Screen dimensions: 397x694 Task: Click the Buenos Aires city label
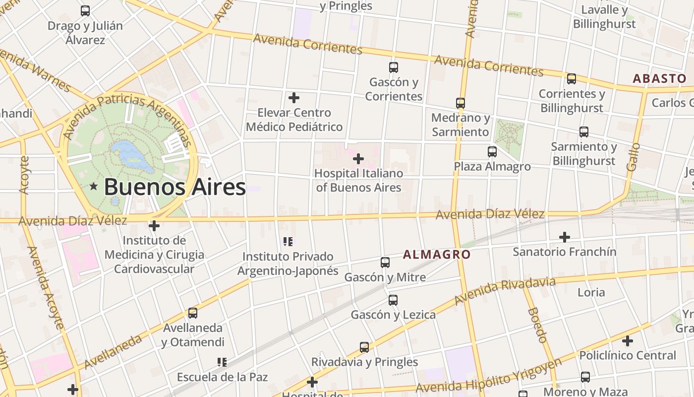pyautogui.click(x=174, y=187)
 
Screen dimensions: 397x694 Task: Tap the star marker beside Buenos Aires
pyautogui.click(x=94, y=187)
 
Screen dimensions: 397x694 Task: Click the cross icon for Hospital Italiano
pyautogui.click(x=358, y=159)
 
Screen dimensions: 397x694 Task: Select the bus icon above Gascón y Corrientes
pyautogui.click(x=394, y=67)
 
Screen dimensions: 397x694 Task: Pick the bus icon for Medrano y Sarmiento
pyautogui.click(x=461, y=103)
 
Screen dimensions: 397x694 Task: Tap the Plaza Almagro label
pyautogui.click(x=492, y=166)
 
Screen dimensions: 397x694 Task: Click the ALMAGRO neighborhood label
pyautogui.click(x=436, y=255)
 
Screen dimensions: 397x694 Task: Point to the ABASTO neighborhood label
pyautogui.click(x=659, y=78)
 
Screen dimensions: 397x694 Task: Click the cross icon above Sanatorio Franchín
pyautogui.click(x=564, y=237)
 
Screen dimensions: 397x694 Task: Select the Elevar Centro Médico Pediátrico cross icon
pyautogui.click(x=294, y=98)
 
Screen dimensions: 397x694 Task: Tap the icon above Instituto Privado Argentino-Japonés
pyautogui.click(x=288, y=242)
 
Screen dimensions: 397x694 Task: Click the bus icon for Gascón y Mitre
pyautogui.click(x=385, y=263)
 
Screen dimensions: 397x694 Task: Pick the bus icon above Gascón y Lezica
pyautogui.click(x=393, y=300)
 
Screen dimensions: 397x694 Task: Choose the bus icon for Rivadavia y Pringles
pyautogui.click(x=364, y=347)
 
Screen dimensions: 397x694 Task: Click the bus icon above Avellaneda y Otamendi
pyautogui.click(x=193, y=313)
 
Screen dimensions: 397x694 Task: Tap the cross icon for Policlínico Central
pyautogui.click(x=628, y=341)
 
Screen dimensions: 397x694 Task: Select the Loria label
pyautogui.click(x=591, y=292)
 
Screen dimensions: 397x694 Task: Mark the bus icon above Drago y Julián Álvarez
pyautogui.click(x=85, y=11)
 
